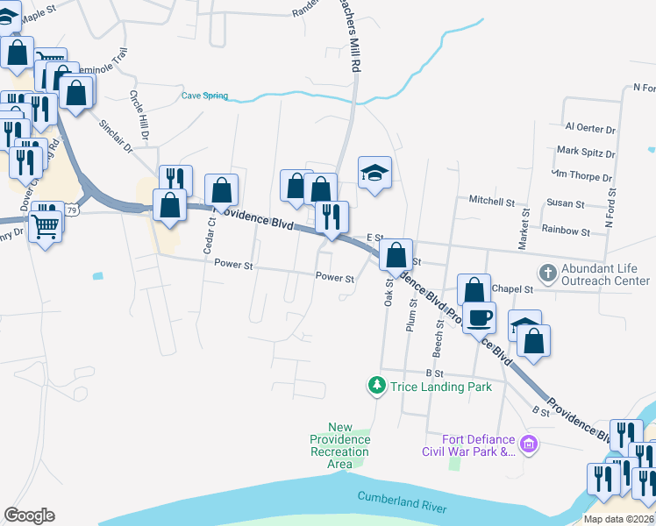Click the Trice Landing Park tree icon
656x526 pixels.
point(376,386)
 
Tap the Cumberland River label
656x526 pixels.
point(402,502)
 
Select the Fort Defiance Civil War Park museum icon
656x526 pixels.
point(528,445)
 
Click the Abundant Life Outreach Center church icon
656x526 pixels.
point(547,273)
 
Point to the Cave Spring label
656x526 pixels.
point(204,96)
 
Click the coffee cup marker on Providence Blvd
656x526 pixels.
point(480,318)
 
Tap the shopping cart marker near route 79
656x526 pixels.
point(46,226)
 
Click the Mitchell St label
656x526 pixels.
point(491,201)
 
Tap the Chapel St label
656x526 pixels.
point(513,288)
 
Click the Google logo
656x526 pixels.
point(29,515)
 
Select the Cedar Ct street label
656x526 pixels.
point(209,236)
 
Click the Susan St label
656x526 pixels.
point(566,203)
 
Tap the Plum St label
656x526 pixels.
point(411,314)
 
